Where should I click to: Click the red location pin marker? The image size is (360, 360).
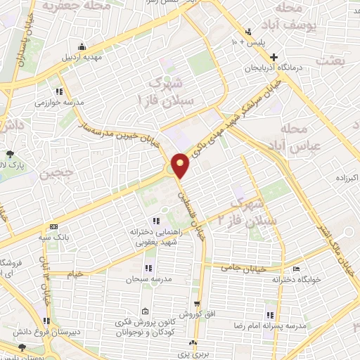click(181, 165)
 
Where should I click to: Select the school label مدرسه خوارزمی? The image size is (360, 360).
click(35, 102)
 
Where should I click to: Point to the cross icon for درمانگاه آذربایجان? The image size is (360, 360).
click(275, 57)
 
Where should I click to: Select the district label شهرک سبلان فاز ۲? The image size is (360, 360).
click(251, 213)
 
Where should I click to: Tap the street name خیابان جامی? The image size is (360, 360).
click(262, 268)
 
